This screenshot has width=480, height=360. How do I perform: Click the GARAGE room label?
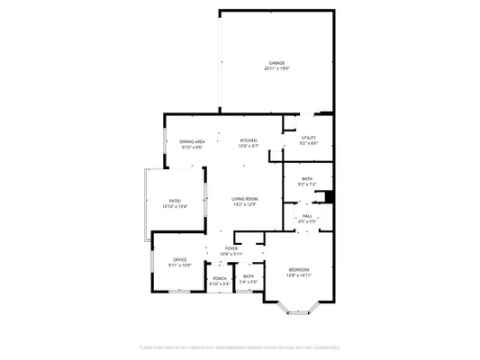pos(276,63)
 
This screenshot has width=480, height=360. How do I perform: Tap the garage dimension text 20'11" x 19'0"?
pos(276,68)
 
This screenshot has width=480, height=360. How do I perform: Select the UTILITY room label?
pos(309,138)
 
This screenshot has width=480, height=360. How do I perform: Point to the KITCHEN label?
pos(249,140)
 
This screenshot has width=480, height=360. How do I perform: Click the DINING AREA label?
pos(192,141)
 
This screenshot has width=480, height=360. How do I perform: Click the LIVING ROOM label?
pos(245,198)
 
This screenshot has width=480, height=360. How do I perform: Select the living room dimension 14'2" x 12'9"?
pos(245,204)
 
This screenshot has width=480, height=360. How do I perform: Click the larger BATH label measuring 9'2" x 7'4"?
pos(307,179)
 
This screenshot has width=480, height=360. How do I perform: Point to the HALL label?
pos(307,216)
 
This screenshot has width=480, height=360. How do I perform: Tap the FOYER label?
pos(231,248)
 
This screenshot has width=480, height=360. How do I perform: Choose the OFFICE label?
pos(180,260)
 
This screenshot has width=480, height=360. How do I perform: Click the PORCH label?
pos(220,278)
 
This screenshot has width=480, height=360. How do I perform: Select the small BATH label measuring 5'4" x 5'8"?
pos(249,276)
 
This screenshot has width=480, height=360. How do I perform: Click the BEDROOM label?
pos(299,270)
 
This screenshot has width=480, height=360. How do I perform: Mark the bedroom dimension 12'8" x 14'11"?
pos(299,275)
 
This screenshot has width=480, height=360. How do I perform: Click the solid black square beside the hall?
pos(330,197)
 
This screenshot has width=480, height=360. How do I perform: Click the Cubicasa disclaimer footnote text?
pos(240,346)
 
